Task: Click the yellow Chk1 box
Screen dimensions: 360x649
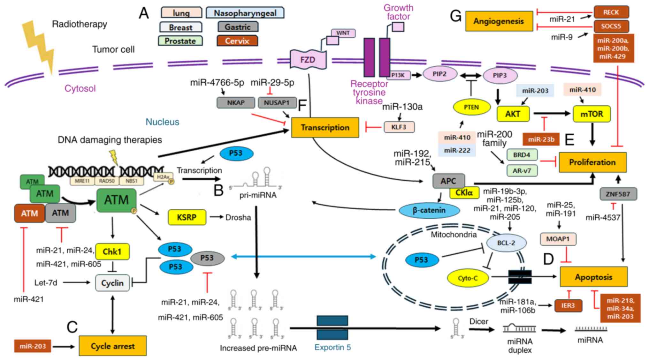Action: pyautogui.click(x=112, y=252)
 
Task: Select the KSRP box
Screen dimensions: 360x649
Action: pyautogui.click(x=187, y=217)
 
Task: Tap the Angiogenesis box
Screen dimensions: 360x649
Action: pyautogui.click(x=499, y=21)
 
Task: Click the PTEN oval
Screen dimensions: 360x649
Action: pyautogui.click(x=471, y=107)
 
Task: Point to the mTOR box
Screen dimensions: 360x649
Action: pyautogui.click(x=592, y=114)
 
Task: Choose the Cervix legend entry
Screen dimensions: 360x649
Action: pyautogui.click(x=237, y=41)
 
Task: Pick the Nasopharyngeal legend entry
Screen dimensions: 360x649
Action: pyautogui.click(x=245, y=13)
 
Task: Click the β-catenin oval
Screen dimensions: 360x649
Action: pyautogui.click(x=429, y=210)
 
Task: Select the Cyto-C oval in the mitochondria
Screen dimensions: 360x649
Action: pyautogui.click(x=468, y=278)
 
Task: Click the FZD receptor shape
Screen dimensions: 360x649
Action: pyautogui.click(x=308, y=60)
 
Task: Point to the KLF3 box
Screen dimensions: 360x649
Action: pyautogui.click(x=399, y=127)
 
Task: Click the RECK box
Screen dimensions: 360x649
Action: pyautogui.click(x=611, y=12)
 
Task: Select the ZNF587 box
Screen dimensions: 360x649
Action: pyautogui.click(x=618, y=194)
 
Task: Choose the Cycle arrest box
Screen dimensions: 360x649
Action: pyautogui.click(x=112, y=346)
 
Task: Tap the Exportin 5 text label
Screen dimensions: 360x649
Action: pyautogui.click(x=332, y=347)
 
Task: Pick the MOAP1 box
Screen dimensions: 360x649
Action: pyautogui.click(x=558, y=239)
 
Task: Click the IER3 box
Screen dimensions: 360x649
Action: pyautogui.click(x=568, y=305)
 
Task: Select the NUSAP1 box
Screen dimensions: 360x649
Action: pyautogui.click(x=277, y=103)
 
